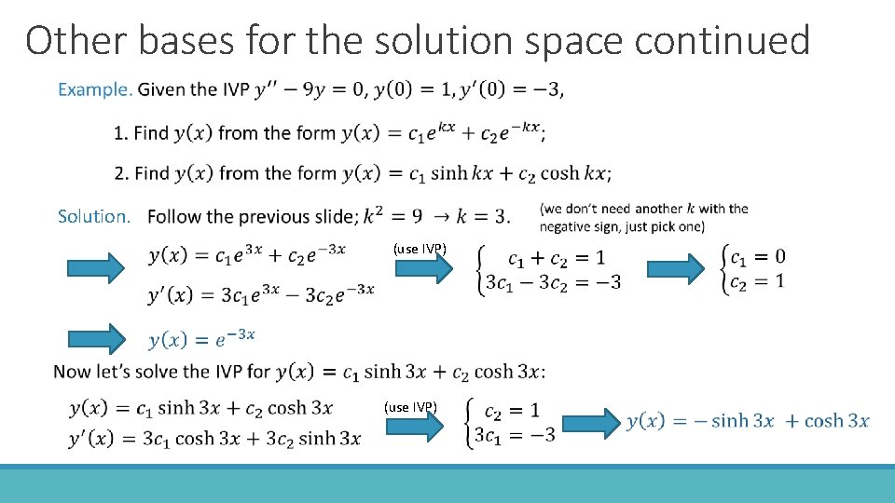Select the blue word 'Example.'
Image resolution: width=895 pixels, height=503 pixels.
coord(95,89)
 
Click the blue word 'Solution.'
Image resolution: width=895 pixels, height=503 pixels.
coord(94,216)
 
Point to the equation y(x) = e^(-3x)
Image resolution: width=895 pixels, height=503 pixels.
coord(201,339)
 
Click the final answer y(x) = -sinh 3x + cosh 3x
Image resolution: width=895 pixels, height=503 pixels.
coord(748,421)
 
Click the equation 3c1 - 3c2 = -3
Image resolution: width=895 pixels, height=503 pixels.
coord(552,282)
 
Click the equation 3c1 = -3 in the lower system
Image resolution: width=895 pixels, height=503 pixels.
coord(515,434)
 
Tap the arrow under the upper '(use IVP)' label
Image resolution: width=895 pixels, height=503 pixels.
coord(424,268)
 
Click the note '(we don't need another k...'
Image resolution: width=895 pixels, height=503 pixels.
coord(643,217)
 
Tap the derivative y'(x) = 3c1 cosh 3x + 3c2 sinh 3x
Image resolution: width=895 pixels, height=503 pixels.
coord(214,438)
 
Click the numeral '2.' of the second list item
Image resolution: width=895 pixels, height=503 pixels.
coord(121,173)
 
